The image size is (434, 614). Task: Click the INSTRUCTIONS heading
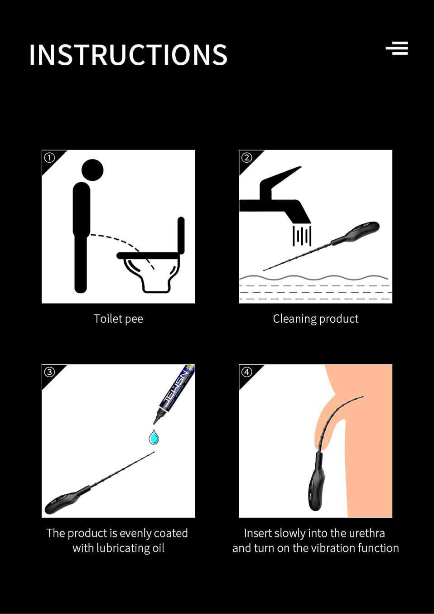click(128, 54)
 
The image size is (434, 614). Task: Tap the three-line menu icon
click(397, 48)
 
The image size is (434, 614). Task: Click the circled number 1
click(49, 158)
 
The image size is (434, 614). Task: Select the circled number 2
click(247, 158)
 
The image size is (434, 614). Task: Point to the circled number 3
click(49, 372)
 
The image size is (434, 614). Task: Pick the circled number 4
click(247, 372)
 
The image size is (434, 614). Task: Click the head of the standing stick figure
click(92, 170)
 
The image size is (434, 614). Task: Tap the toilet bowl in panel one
click(148, 271)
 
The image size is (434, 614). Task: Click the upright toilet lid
click(181, 235)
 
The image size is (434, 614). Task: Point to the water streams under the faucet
click(302, 236)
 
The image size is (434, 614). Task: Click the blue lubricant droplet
click(154, 437)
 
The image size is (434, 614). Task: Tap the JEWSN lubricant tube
click(175, 391)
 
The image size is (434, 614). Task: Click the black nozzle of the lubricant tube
click(158, 419)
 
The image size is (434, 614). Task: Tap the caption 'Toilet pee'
click(118, 319)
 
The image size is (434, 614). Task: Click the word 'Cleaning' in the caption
click(294, 319)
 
